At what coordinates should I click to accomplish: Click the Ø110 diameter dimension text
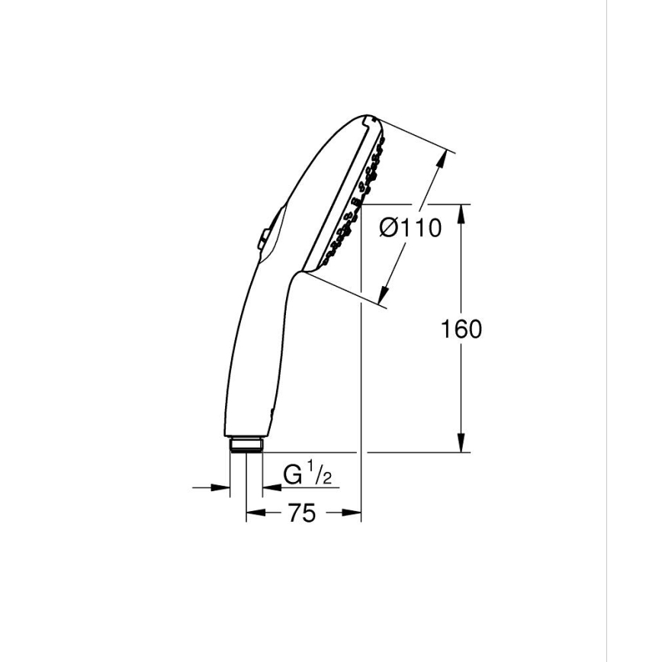tap(410, 227)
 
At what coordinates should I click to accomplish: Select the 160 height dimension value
tap(461, 329)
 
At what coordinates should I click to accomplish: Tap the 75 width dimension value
tap(301, 514)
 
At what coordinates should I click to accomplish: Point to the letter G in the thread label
tap(293, 475)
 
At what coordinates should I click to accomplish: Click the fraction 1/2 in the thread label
tap(320, 475)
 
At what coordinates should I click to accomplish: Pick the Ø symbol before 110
tap(389, 227)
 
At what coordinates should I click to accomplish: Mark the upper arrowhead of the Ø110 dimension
tap(440, 163)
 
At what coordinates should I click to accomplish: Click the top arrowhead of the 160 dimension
tap(461, 213)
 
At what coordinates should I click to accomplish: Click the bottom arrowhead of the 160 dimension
tap(461, 444)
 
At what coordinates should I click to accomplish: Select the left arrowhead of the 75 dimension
tap(252, 514)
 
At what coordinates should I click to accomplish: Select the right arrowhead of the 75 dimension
tap(354, 514)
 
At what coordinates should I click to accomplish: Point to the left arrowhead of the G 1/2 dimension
tap(223, 486)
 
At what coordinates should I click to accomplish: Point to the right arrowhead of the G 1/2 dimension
tap(268, 486)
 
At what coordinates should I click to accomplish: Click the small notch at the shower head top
tap(368, 121)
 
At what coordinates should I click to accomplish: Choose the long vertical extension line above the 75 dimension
tap(361, 343)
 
